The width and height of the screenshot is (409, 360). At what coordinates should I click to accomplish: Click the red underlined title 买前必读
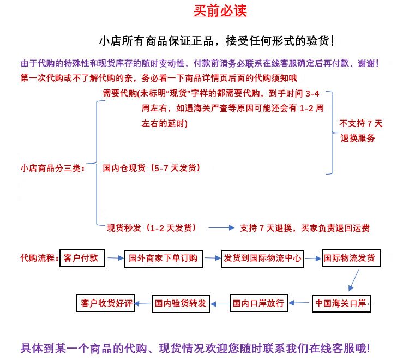point(216,12)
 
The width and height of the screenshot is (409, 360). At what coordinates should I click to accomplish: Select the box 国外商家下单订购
point(164,258)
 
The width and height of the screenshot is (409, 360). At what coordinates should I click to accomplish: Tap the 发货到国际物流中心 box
point(262,258)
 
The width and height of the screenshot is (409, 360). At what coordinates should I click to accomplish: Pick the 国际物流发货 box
point(350,258)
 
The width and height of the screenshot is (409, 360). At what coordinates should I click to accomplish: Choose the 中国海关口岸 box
point(341,303)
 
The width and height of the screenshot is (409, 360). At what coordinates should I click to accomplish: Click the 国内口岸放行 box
point(258,303)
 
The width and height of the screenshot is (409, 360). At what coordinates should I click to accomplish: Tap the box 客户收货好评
point(107,303)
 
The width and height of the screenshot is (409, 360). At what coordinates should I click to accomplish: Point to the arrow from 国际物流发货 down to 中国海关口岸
point(353,280)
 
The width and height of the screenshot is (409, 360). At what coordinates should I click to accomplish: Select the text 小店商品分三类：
point(52,168)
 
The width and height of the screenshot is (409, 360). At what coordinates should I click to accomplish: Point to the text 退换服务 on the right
point(358,139)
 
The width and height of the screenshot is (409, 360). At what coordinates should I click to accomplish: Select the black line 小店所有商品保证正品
point(217,41)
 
